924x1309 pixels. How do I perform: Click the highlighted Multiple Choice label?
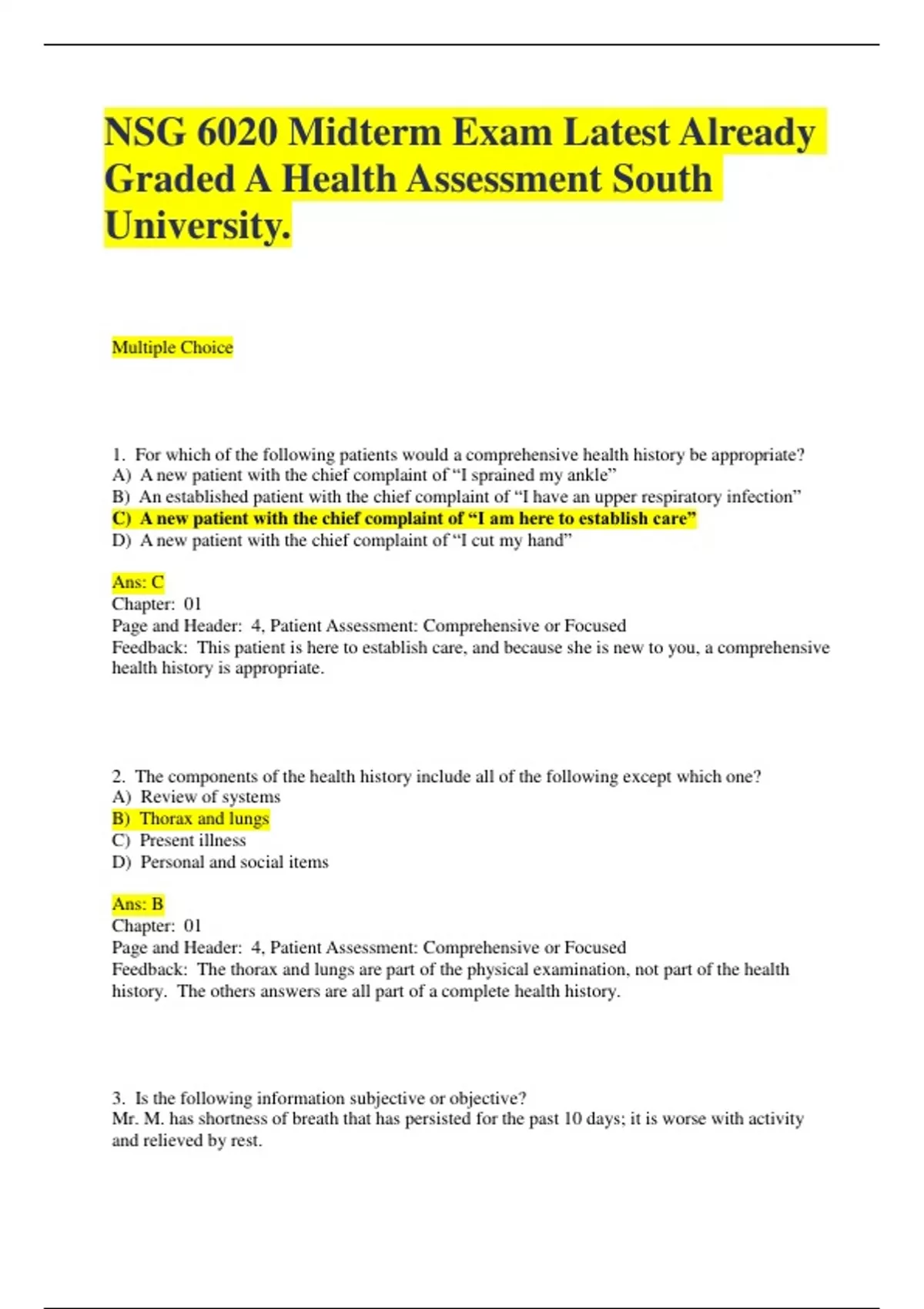point(172,348)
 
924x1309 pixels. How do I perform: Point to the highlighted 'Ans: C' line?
point(138,582)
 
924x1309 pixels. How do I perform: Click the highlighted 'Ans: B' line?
point(138,904)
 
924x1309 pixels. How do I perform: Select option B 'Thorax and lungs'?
point(191,819)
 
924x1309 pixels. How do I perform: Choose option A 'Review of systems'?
point(196,797)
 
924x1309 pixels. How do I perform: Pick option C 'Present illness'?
point(179,840)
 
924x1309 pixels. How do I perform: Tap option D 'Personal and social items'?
point(220,862)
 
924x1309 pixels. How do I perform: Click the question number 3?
point(118,1098)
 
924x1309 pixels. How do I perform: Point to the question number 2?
point(118,776)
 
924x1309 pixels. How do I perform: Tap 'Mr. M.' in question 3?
point(138,1119)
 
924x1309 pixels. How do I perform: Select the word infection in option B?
point(762,497)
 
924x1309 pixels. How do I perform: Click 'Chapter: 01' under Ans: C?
point(156,604)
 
